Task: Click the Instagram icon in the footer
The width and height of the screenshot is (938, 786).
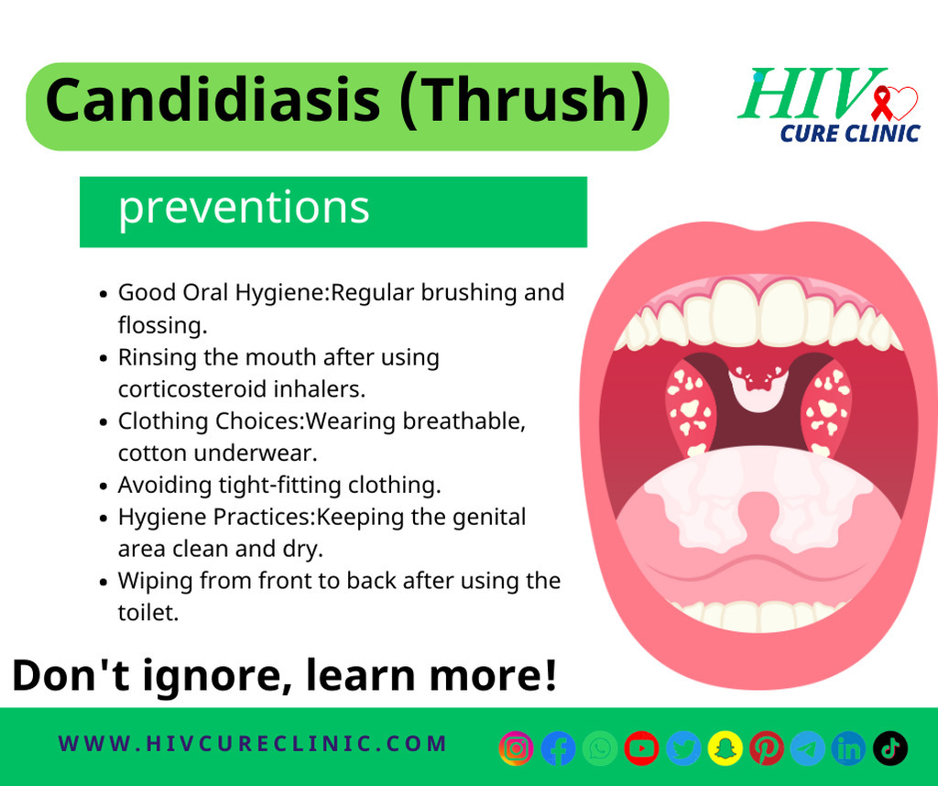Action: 517,748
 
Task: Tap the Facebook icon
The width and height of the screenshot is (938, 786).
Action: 558,748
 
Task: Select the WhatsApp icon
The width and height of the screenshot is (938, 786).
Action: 600,748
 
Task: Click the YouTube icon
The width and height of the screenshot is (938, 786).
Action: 641,748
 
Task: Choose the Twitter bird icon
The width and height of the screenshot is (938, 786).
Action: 683,748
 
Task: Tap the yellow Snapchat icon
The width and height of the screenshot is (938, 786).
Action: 725,748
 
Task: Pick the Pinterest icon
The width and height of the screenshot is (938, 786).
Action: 767,748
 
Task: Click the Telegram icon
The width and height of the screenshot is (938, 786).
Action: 808,748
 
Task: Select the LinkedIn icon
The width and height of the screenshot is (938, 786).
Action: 848,748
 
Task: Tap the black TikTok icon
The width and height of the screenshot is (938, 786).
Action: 890,748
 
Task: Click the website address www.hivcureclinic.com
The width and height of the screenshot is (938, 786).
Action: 253,744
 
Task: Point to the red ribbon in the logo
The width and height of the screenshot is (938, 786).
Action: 881,104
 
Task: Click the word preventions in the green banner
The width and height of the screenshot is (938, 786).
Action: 244,208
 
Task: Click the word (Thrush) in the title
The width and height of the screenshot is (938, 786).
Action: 523,102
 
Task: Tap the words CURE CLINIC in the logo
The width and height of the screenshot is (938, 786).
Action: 849,133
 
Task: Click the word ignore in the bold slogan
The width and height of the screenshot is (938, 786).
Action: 213,676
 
